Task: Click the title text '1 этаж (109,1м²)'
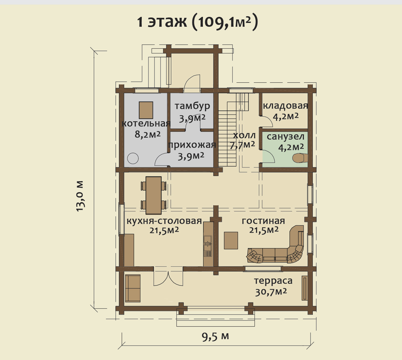(x=197, y=22)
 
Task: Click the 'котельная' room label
(x=146, y=124)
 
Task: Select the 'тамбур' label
(x=192, y=106)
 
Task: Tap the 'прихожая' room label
(x=192, y=145)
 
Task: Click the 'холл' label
(x=244, y=136)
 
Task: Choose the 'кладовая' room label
(x=285, y=106)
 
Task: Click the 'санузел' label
(x=285, y=137)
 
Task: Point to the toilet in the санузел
(x=300, y=158)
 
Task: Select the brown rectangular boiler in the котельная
(x=146, y=110)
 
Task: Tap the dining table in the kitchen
(x=154, y=195)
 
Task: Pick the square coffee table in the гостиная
(x=231, y=240)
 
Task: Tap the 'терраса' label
(x=273, y=281)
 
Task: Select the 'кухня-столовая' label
(x=164, y=221)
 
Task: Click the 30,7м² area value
(x=271, y=292)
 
